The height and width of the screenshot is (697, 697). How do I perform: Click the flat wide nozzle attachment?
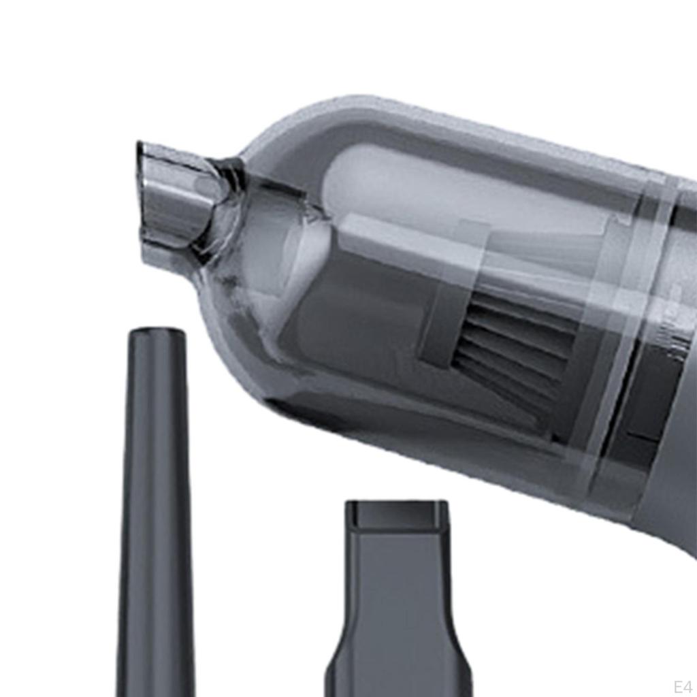coord(398,599)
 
